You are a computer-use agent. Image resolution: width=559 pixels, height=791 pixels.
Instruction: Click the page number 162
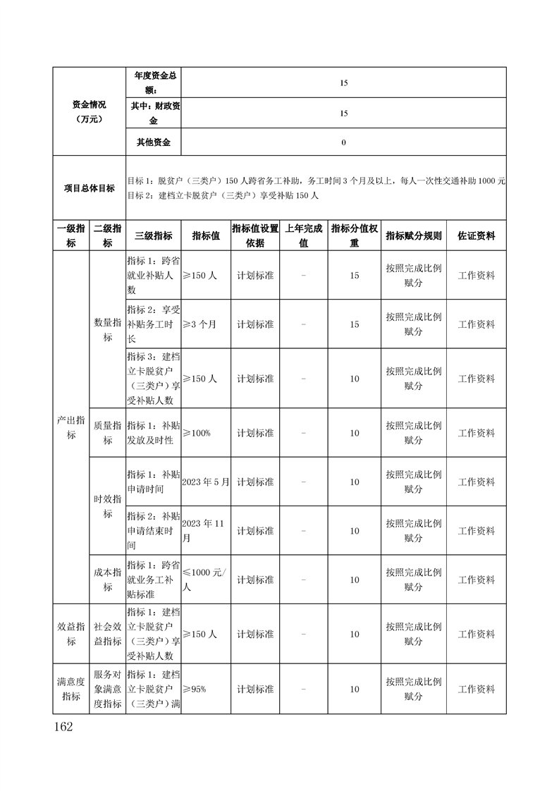(x=64, y=726)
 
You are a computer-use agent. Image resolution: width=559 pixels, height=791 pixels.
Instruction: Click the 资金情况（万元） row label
(x=88, y=111)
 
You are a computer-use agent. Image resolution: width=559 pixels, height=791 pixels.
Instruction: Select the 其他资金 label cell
(x=153, y=142)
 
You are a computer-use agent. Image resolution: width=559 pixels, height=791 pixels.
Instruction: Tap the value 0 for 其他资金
(x=343, y=142)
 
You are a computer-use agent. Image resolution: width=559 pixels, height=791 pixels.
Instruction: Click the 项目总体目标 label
(x=88, y=188)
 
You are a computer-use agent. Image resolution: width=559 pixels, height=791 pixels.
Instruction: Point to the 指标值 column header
(x=206, y=236)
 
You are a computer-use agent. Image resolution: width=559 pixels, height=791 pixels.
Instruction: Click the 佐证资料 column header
(x=476, y=236)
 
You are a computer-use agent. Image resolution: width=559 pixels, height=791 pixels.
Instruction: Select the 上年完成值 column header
(x=303, y=236)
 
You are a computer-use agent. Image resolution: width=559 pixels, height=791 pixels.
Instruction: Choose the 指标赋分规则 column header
(x=413, y=236)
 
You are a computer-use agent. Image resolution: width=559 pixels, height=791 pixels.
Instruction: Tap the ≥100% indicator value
(x=197, y=433)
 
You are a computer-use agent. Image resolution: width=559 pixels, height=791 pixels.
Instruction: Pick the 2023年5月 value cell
(x=206, y=482)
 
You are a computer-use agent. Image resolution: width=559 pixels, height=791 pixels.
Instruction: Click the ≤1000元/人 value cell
(x=204, y=580)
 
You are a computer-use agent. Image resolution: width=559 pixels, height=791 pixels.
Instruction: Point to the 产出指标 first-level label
(x=71, y=427)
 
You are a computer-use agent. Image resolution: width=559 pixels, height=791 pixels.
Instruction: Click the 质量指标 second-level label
(x=107, y=433)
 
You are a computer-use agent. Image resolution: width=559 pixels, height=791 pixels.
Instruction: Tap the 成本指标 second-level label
(x=107, y=580)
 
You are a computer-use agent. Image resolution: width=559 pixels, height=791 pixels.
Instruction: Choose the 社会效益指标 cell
(x=107, y=634)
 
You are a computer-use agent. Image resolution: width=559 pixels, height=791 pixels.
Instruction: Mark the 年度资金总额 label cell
(x=153, y=82)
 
